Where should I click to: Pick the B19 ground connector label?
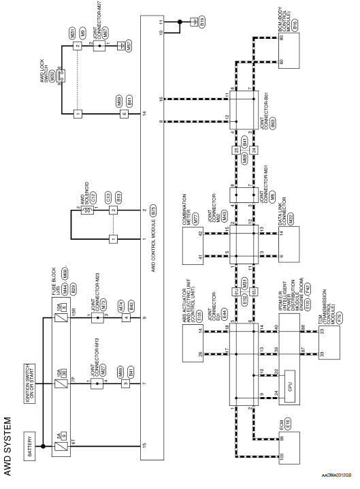pyautogui.click(x=202, y=22)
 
